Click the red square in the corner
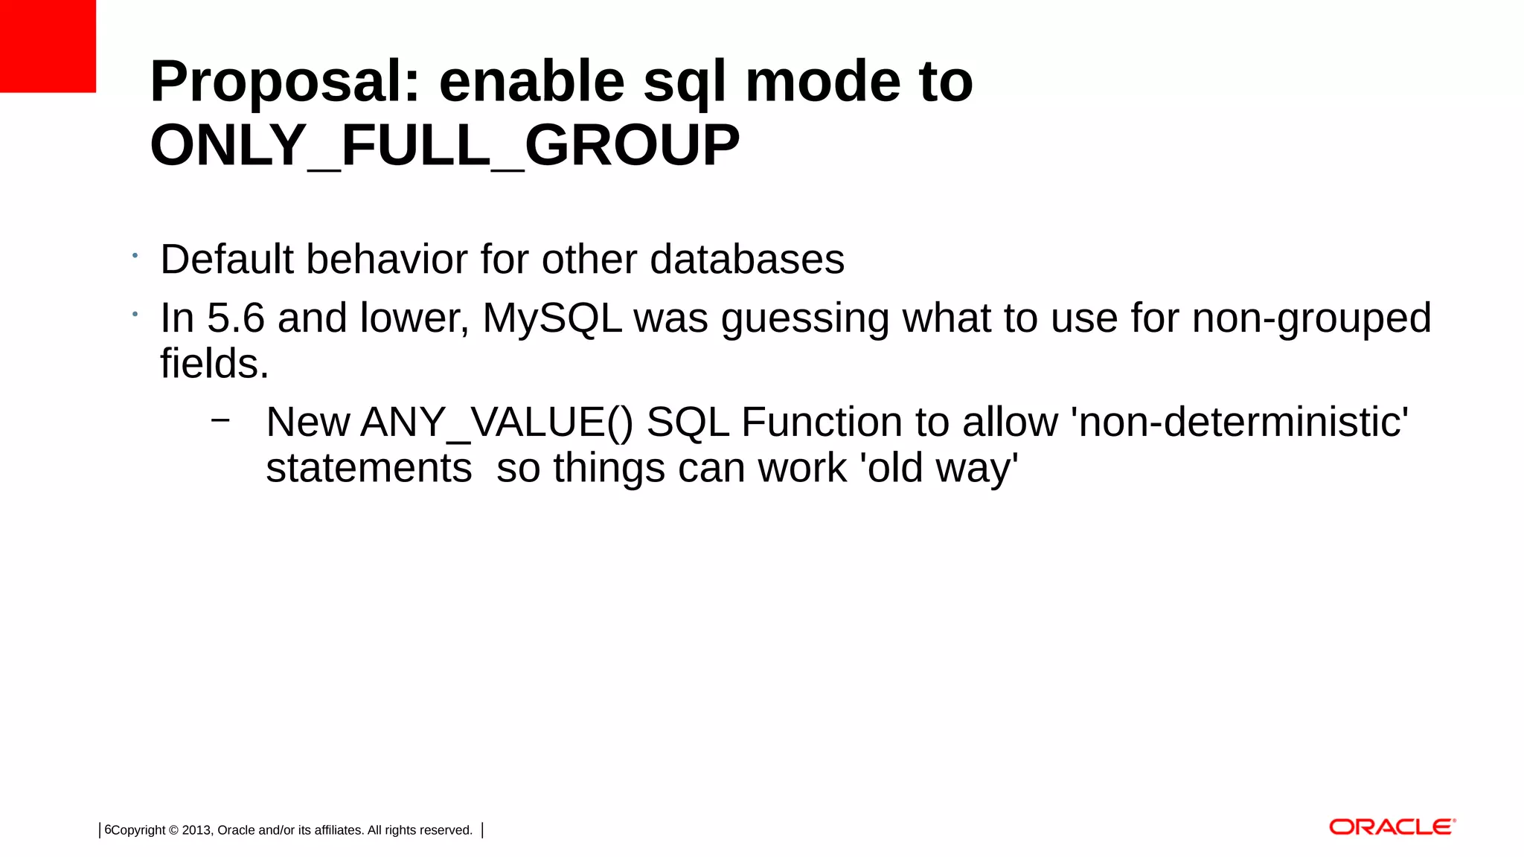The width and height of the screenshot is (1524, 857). [x=48, y=46]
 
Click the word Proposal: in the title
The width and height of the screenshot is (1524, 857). [x=285, y=82]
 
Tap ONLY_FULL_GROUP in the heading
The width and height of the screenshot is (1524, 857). [x=444, y=146]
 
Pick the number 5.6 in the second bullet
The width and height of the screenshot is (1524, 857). [x=235, y=318]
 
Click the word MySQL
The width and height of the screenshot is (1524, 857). [x=552, y=318]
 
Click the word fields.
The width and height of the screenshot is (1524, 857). [x=214, y=364]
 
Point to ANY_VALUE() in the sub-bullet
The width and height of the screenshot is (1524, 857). [x=496, y=423]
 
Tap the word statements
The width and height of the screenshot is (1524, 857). [x=368, y=469]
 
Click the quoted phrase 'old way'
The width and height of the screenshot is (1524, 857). [x=938, y=469]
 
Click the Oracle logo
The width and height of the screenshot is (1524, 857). [x=1392, y=827]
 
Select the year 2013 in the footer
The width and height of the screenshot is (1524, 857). [x=197, y=830]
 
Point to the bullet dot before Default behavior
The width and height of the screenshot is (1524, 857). [x=135, y=256]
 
